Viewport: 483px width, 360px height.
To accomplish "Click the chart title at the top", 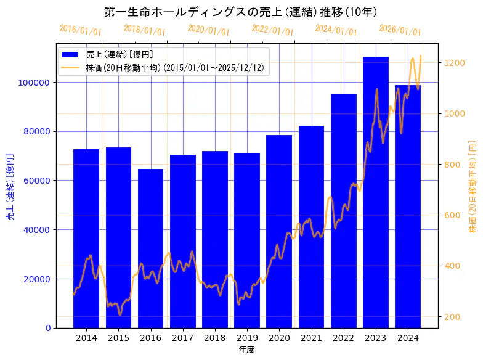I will tap(241, 12).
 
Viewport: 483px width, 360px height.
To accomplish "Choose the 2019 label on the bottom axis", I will tap(247, 338).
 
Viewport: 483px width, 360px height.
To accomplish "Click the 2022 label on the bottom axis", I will tap(343, 338).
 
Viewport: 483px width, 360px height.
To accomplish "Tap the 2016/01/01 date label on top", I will tap(81, 30).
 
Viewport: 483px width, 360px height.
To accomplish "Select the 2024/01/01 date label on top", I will tap(336, 30).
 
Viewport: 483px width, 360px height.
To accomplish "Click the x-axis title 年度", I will tap(246, 350).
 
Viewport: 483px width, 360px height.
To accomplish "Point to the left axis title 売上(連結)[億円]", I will tap(10, 187).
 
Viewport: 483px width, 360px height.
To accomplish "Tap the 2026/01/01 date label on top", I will tap(400, 30).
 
